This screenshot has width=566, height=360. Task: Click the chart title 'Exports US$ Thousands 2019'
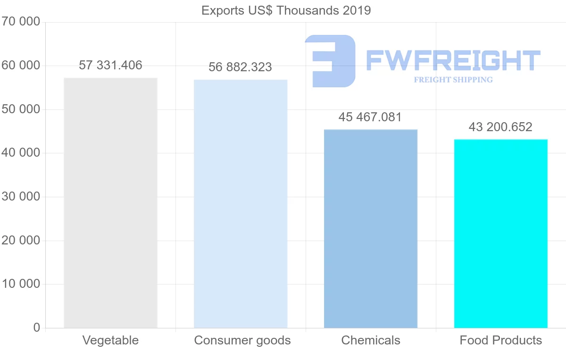point(286,10)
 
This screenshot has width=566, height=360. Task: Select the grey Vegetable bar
point(110,203)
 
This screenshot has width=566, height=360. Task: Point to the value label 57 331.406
point(110,66)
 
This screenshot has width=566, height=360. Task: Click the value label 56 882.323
point(241,67)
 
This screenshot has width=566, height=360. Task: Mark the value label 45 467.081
point(370,117)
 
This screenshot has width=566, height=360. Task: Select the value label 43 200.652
point(500,127)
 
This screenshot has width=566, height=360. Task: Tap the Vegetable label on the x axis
point(110,340)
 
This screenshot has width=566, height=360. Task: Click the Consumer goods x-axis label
point(242,340)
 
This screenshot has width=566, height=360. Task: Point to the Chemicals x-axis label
point(371,340)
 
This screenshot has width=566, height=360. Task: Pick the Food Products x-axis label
point(501,340)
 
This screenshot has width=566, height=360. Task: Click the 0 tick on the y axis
point(36,327)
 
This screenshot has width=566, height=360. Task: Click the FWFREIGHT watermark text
point(453,60)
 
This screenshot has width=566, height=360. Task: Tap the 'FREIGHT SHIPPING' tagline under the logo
point(453,80)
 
